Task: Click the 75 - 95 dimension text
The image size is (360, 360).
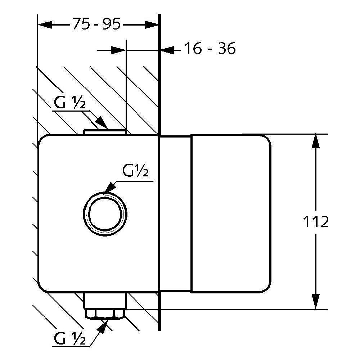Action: coord(96,24)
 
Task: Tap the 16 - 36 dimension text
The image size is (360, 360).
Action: coord(210,49)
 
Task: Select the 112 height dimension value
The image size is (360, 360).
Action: coord(316,221)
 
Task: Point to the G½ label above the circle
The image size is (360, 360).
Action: coord(135,171)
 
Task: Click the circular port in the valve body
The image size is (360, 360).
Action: coord(105,214)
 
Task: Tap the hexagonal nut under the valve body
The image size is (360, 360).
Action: coord(105,314)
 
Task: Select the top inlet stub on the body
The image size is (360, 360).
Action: coord(105,132)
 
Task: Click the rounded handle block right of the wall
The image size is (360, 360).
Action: coord(231,213)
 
